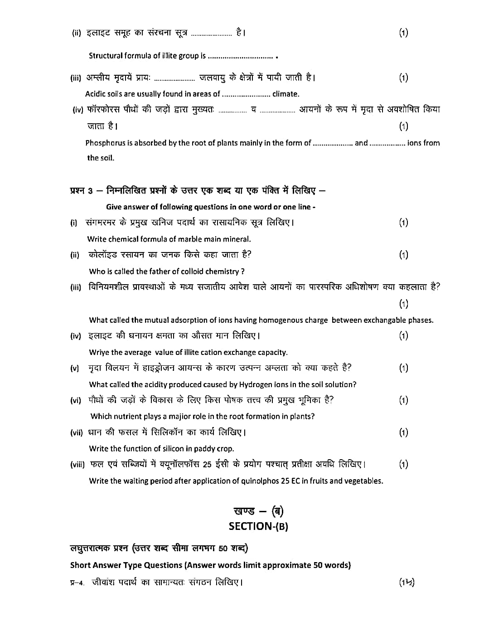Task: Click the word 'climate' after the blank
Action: pyautogui.click(x=285, y=94)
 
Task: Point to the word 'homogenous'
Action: pyautogui.click(x=256, y=320)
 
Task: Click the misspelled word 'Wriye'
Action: pyautogui.click(x=99, y=352)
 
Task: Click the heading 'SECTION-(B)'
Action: pyautogui.click(x=258, y=526)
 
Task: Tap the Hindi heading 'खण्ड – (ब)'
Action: pyautogui.click(x=258, y=511)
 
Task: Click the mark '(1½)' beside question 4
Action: pyautogui.click(x=407, y=582)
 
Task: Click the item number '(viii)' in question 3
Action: pyautogui.click(x=77, y=465)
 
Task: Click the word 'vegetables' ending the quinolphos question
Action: pyautogui.click(x=364, y=481)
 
